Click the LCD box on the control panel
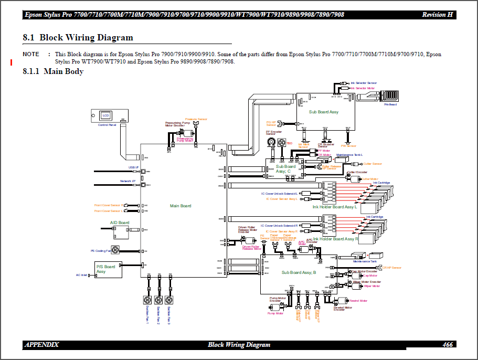pyautogui.click(x=105, y=115)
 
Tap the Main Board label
pyautogui.click(x=180, y=206)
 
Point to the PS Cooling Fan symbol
pyautogui.click(x=116, y=250)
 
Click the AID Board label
pyautogui.click(x=120, y=223)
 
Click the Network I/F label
pyautogui.click(x=128, y=181)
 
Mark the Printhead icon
pyautogui.click(x=390, y=96)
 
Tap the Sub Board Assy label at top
pyautogui.click(x=324, y=112)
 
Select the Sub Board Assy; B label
pyautogui.click(x=299, y=272)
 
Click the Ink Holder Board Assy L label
pyautogui.click(x=335, y=207)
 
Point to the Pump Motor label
pyautogui.click(x=275, y=313)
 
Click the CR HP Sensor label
pyautogui.click(x=391, y=268)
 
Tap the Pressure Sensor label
pyautogui.click(x=196, y=119)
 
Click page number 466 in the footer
pyautogui.click(x=448, y=345)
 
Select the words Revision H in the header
pyautogui.click(x=437, y=14)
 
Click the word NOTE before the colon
pyautogui.click(x=31, y=54)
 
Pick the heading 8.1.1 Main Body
pyautogui.click(x=53, y=71)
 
